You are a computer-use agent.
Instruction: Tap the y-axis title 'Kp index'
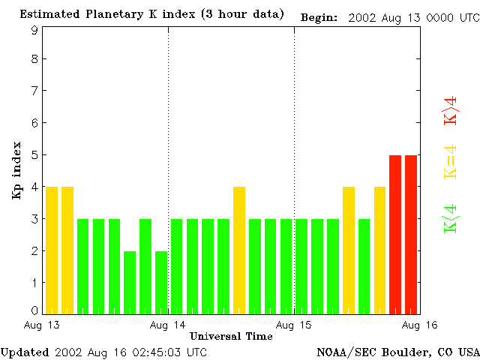click(x=16, y=170)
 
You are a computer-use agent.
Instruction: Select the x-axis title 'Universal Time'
click(x=231, y=336)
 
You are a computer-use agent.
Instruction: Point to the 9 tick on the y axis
click(x=34, y=31)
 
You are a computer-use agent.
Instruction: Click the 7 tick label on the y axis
click(x=34, y=91)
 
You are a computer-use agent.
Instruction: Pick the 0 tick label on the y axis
click(x=34, y=310)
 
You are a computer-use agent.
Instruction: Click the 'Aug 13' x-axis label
click(x=42, y=325)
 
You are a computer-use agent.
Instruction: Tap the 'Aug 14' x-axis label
click(x=168, y=325)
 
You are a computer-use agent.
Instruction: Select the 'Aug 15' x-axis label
click(x=294, y=325)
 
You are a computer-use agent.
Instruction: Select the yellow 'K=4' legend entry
click(x=451, y=162)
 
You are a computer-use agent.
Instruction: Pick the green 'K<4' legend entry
click(x=451, y=219)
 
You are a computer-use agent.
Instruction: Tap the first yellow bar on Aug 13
click(x=52, y=250)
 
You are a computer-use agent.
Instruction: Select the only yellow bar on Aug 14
click(x=239, y=250)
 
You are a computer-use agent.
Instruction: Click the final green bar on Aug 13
click(x=161, y=282)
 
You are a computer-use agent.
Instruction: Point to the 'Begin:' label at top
click(x=319, y=16)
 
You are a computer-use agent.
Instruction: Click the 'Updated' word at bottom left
click(x=25, y=352)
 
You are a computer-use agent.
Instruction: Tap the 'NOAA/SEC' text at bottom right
click(x=342, y=352)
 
